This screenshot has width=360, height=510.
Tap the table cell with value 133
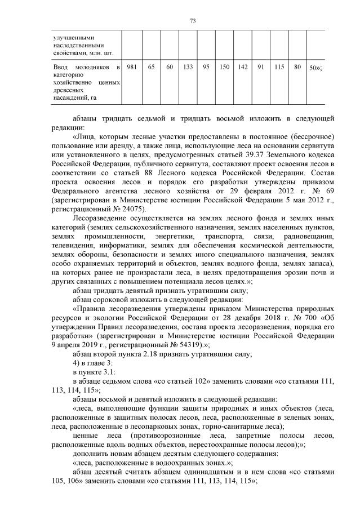188,67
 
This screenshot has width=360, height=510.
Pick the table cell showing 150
224,67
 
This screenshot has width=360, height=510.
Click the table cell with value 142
243,67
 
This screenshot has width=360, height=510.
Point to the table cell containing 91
261,67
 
